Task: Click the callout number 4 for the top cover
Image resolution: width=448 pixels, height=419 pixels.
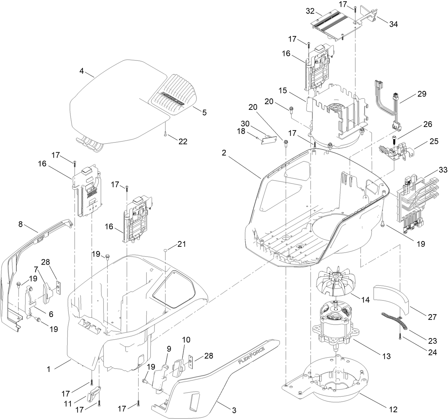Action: point(82,71)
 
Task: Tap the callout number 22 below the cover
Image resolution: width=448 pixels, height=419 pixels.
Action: point(183,142)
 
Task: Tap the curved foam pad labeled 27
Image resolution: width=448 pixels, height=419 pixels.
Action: point(394,297)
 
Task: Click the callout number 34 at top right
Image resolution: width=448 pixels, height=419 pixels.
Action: point(393,24)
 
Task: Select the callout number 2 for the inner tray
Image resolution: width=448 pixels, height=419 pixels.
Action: point(224,153)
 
